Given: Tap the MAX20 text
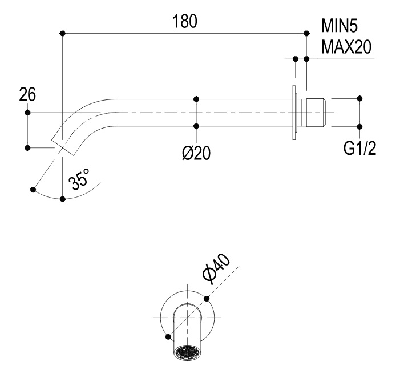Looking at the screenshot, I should [346, 46].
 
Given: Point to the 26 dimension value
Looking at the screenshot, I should [27, 94].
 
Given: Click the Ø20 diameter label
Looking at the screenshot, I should [196, 154].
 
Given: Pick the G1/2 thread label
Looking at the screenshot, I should [359, 149].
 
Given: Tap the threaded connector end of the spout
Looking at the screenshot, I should [314, 113].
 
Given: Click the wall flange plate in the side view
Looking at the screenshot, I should [294, 113].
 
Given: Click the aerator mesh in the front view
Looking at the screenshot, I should [188, 352].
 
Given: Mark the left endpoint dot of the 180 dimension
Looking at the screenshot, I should [62, 34].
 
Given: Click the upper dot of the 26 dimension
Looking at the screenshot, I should [27, 112].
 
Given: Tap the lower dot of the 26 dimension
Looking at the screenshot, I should [27, 148].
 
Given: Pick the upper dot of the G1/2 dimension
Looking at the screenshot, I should [359, 99].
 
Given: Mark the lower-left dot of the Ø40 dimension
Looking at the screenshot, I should [168, 337].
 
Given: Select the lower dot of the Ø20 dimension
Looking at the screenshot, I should [196, 126].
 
